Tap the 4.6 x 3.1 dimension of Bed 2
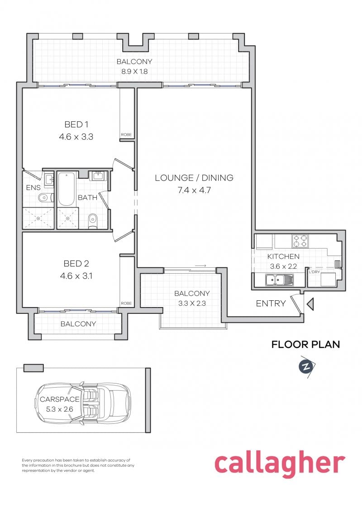click(x=76, y=275)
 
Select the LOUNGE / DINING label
click(x=194, y=178)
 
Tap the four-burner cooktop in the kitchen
click(x=300, y=241)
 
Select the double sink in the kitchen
click(x=279, y=281)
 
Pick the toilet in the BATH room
click(x=92, y=221)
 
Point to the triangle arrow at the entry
click(x=310, y=304)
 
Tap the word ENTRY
click(x=271, y=303)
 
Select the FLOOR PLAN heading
click(x=305, y=345)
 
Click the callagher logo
click(x=279, y=464)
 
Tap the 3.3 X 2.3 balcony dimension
click(x=192, y=303)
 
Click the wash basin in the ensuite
click(x=48, y=177)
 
